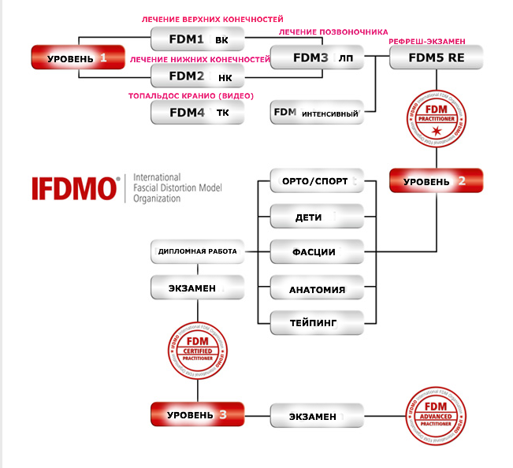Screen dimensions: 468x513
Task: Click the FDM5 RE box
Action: point(437,57)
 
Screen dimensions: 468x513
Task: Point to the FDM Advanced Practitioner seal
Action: point(437,414)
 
